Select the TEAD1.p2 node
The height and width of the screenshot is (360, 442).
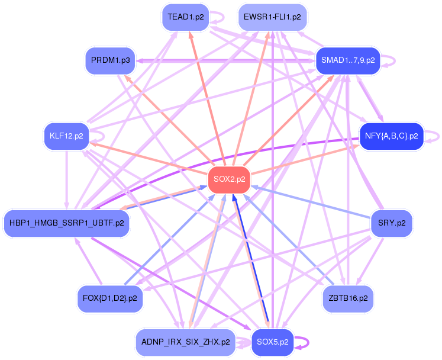point(186,17)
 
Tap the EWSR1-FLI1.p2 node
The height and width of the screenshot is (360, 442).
point(272,17)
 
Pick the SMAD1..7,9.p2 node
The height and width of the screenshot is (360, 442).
point(347,60)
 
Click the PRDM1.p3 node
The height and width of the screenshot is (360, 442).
point(111,60)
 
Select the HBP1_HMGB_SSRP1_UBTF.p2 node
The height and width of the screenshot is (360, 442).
point(66,223)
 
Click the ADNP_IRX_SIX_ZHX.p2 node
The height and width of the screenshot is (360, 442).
point(186,342)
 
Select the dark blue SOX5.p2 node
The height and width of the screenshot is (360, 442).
point(273,342)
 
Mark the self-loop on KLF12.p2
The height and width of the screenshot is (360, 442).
point(104,136)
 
